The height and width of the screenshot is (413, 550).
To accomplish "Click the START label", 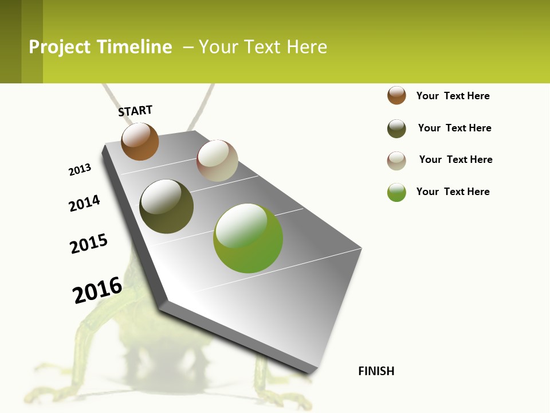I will pyautogui.click(x=135, y=111).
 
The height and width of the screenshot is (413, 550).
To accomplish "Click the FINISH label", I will pyautogui.click(x=376, y=371).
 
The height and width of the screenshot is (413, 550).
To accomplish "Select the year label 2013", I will pyautogui.click(x=80, y=170).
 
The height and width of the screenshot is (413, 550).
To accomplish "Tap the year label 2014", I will pyautogui.click(x=84, y=203).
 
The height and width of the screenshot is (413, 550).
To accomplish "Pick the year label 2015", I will pyautogui.click(x=89, y=244).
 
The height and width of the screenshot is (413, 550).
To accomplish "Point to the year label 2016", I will pyautogui.click(x=97, y=290).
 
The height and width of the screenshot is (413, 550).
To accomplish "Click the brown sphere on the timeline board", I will pyautogui.click(x=140, y=141).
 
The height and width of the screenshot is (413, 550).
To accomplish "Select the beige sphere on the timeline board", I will pyautogui.click(x=217, y=161).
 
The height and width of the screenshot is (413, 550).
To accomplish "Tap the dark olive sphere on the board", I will pyautogui.click(x=166, y=206).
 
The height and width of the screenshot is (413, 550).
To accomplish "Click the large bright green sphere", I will pyautogui.click(x=248, y=238).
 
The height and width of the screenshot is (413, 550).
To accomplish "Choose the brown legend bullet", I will pyautogui.click(x=396, y=95).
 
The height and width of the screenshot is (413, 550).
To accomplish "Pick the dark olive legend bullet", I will pyautogui.click(x=396, y=128).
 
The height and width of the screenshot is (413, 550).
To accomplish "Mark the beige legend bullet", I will pyautogui.click(x=396, y=161).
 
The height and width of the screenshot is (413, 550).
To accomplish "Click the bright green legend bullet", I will pyautogui.click(x=396, y=192).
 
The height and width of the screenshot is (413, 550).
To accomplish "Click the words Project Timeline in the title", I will pyautogui.click(x=100, y=47).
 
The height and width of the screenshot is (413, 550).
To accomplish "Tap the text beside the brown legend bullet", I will pyautogui.click(x=453, y=96).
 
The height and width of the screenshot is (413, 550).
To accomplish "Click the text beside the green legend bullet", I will pyautogui.click(x=453, y=192).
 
